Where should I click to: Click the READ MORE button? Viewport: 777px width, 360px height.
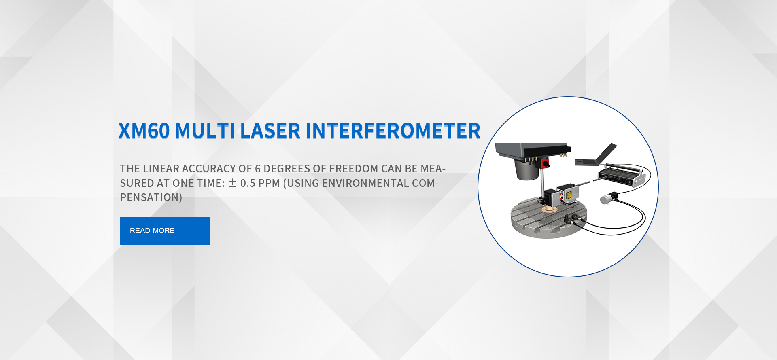[x=164, y=231]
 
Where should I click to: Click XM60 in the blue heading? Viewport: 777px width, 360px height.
[x=144, y=131]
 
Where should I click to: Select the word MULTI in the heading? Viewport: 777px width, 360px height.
[x=205, y=131]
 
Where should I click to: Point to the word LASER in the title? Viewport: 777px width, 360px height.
[x=270, y=131]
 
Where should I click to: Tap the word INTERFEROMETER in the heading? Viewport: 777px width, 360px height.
[x=393, y=131]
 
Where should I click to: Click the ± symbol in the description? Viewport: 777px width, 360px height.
[x=232, y=183]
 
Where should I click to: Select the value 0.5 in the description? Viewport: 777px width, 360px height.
[x=248, y=183]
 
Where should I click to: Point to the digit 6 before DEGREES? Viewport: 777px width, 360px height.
[x=257, y=169]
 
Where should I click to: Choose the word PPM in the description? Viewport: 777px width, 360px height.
[x=269, y=183]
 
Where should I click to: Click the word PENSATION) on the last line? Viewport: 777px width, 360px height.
[x=151, y=197]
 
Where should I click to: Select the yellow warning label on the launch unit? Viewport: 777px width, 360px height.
[x=569, y=195]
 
